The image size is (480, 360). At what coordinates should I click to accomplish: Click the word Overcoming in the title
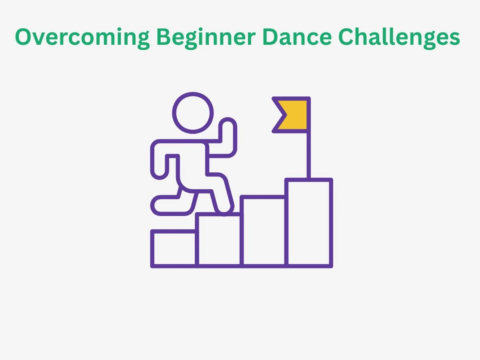pyautogui.click(x=82, y=38)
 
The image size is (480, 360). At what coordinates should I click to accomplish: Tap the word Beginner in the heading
pyautogui.click(x=206, y=38)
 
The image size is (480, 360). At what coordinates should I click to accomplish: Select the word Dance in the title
pyautogui.click(x=297, y=37)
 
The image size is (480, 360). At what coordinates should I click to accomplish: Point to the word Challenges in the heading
pyautogui.click(x=399, y=38)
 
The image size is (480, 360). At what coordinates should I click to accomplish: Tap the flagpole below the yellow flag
pyautogui.click(x=308, y=155)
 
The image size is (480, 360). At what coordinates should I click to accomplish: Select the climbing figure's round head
pyautogui.click(x=193, y=113)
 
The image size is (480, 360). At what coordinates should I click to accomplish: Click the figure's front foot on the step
pyautogui.click(x=225, y=208)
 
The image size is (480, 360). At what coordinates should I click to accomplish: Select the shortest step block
pyautogui.click(x=174, y=249)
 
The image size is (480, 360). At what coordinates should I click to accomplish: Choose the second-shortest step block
pyautogui.click(x=219, y=240)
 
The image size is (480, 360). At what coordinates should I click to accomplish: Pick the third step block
pyautogui.click(x=264, y=232)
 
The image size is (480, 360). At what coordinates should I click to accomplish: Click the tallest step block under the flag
pyautogui.click(x=309, y=223)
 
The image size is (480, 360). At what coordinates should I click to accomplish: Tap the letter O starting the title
pyautogui.click(x=24, y=37)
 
